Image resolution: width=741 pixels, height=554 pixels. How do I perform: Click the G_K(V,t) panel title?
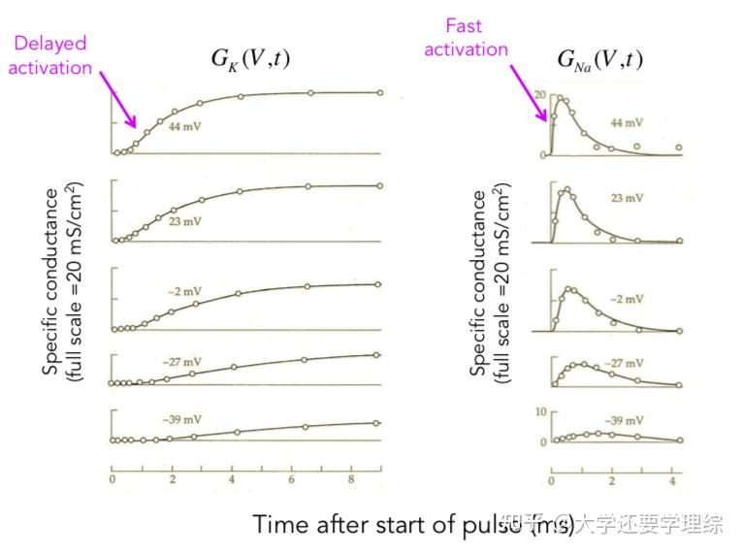pyautogui.click(x=250, y=59)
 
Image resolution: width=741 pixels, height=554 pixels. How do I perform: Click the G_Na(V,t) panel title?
pyautogui.click(x=599, y=59)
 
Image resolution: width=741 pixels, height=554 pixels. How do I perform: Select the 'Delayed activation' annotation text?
pyautogui.click(x=50, y=55)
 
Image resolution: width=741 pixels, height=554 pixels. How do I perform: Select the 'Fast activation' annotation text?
pyautogui.click(x=466, y=38)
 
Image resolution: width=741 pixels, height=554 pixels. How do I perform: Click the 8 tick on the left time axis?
pyautogui.click(x=351, y=480)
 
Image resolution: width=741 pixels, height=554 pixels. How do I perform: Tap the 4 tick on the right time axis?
pyautogui.click(x=674, y=480)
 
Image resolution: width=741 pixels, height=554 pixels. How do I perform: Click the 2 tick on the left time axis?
pyautogui.click(x=172, y=480)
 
